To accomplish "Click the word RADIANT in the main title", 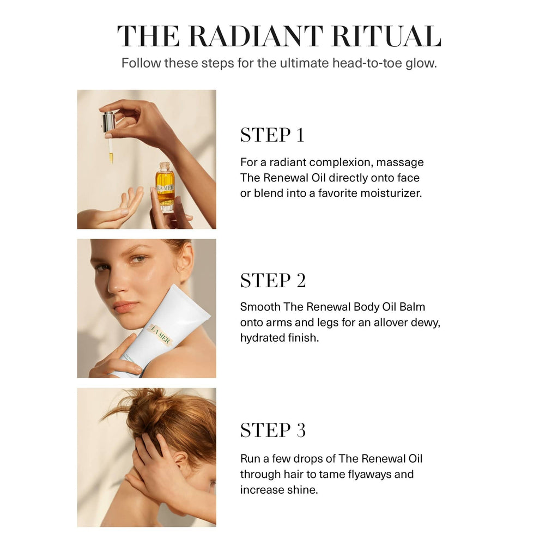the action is pos(256,37).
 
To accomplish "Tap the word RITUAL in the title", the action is pos(386,37).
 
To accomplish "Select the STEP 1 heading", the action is pos(272,135).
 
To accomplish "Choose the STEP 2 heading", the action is pos(273,281).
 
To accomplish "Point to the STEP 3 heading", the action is pos(273,430).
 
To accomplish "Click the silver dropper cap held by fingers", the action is pos(109,122).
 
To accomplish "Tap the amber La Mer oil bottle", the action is pos(165,187).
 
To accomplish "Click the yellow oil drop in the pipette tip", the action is pos(111,157).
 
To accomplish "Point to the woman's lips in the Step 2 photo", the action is pos(126,306).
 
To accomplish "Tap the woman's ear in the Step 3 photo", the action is pos(181,463).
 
